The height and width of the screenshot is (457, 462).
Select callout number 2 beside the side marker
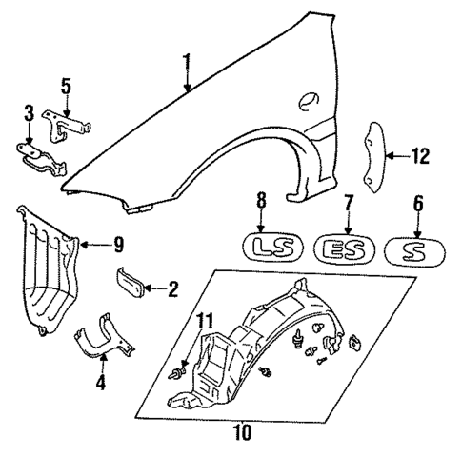[172, 288]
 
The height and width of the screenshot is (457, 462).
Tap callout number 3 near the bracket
[29, 114]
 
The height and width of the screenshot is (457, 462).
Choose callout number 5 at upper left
[66, 85]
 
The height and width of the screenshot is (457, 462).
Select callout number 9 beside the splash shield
[118, 245]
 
